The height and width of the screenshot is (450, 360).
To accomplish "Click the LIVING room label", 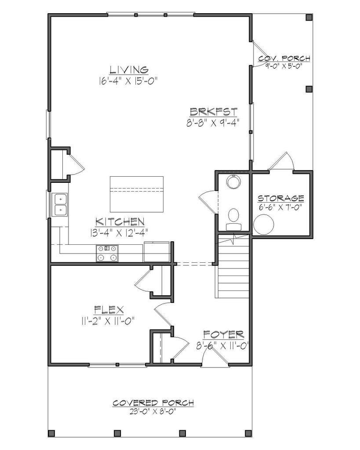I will pyautogui.click(x=128, y=69).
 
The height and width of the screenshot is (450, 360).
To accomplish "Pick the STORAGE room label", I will pyautogui.click(x=280, y=198).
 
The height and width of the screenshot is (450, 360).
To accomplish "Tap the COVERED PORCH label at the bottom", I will pyautogui.click(x=153, y=403).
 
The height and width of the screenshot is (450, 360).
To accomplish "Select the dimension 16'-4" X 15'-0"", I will pyautogui.click(x=128, y=80).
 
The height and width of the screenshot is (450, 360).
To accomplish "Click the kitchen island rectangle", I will pyautogui.click(x=136, y=193).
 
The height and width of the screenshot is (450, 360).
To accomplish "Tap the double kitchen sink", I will pyautogui.click(x=60, y=205).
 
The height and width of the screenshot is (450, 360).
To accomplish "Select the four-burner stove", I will pyautogui.click(x=108, y=253).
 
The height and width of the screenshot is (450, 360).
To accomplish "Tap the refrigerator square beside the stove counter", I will pyautogui.click(x=157, y=251).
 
